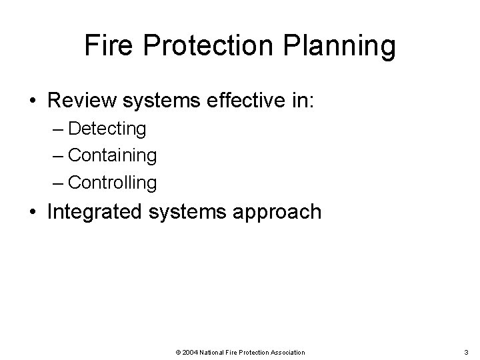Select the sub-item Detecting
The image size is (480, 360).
107,127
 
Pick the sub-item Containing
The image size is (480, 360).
113,155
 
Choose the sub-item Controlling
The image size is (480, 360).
113,182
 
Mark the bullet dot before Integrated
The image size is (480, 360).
33,212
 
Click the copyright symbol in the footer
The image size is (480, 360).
177,352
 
